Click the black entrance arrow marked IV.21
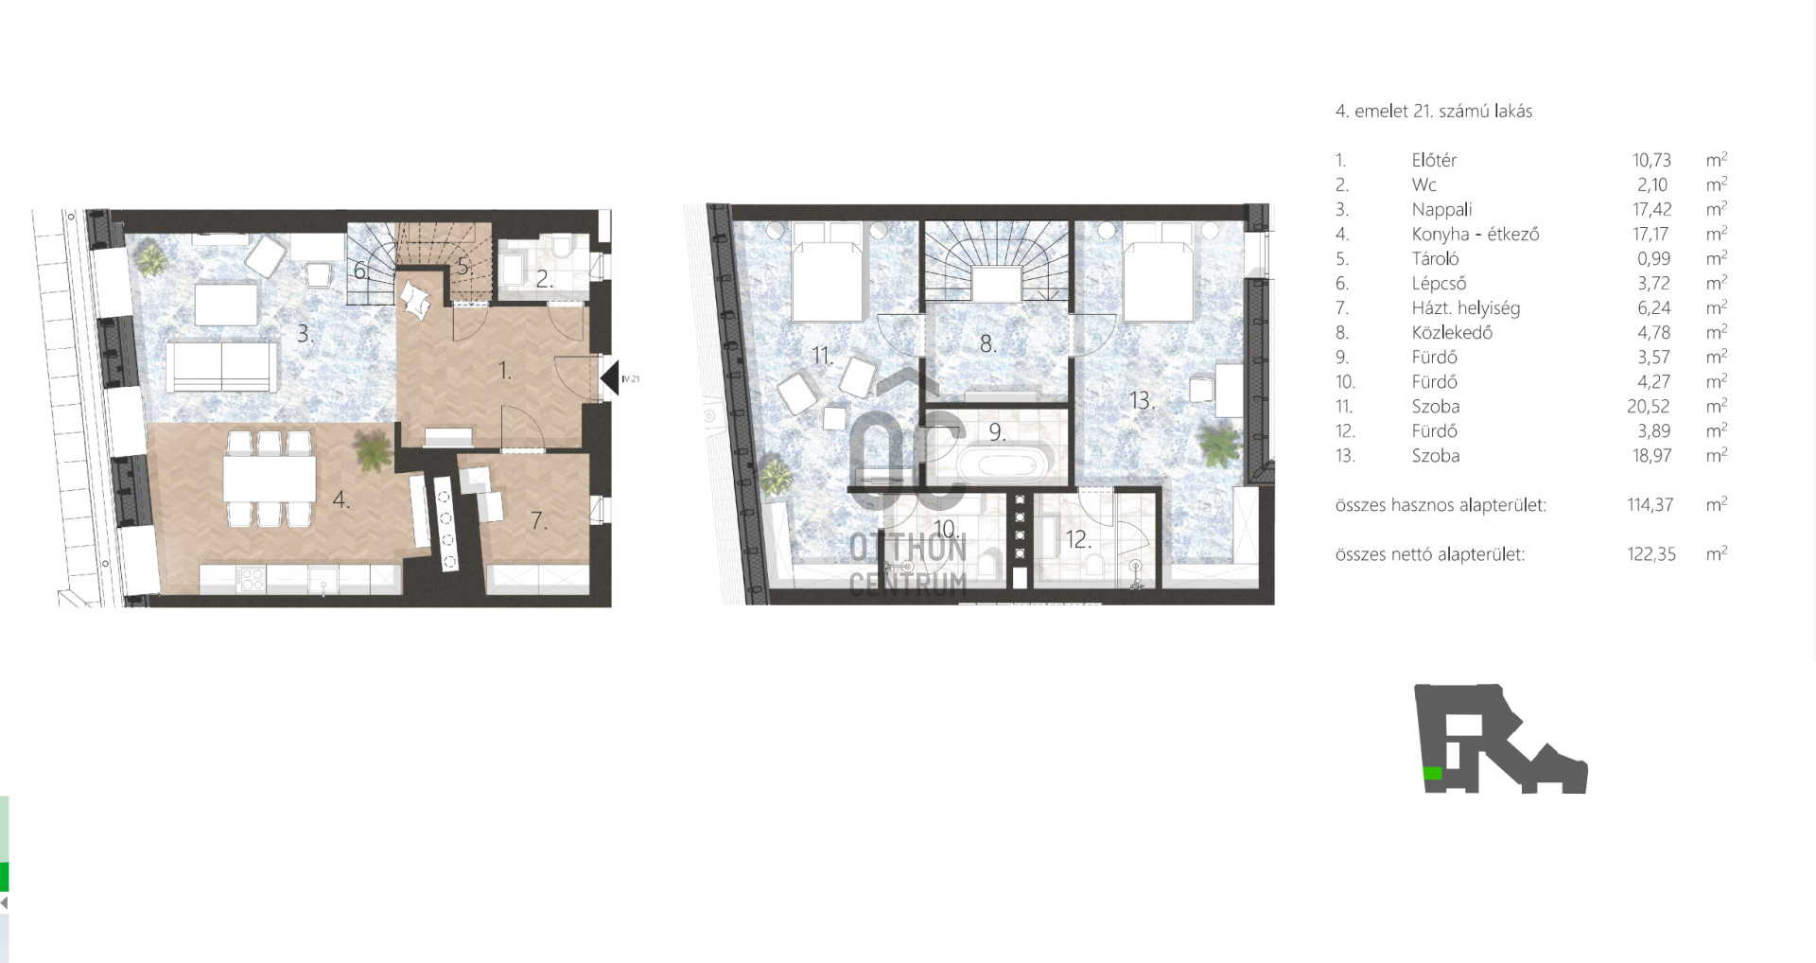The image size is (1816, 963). click(609, 378)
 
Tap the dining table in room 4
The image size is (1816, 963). click(270, 479)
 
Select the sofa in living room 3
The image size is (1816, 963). click(222, 366)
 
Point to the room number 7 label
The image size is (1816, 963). click(538, 520)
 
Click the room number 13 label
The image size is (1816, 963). click(1141, 400)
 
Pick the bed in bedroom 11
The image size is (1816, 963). click(828, 271)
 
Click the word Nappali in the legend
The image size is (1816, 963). click(1441, 209)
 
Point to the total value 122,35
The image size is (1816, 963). click(1651, 554)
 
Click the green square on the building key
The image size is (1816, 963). click(1433, 773)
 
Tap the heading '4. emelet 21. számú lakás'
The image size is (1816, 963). click(1433, 111)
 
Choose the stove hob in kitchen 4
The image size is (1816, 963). click(252, 579)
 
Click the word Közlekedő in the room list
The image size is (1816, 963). click(1452, 332)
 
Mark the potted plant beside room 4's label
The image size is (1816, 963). click(374, 451)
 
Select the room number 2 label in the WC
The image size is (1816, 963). click(544, 279)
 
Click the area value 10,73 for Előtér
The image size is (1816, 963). click(1651, 160)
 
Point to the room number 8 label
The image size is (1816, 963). click(987, 343)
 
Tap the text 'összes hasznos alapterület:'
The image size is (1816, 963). click(1441, 505)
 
